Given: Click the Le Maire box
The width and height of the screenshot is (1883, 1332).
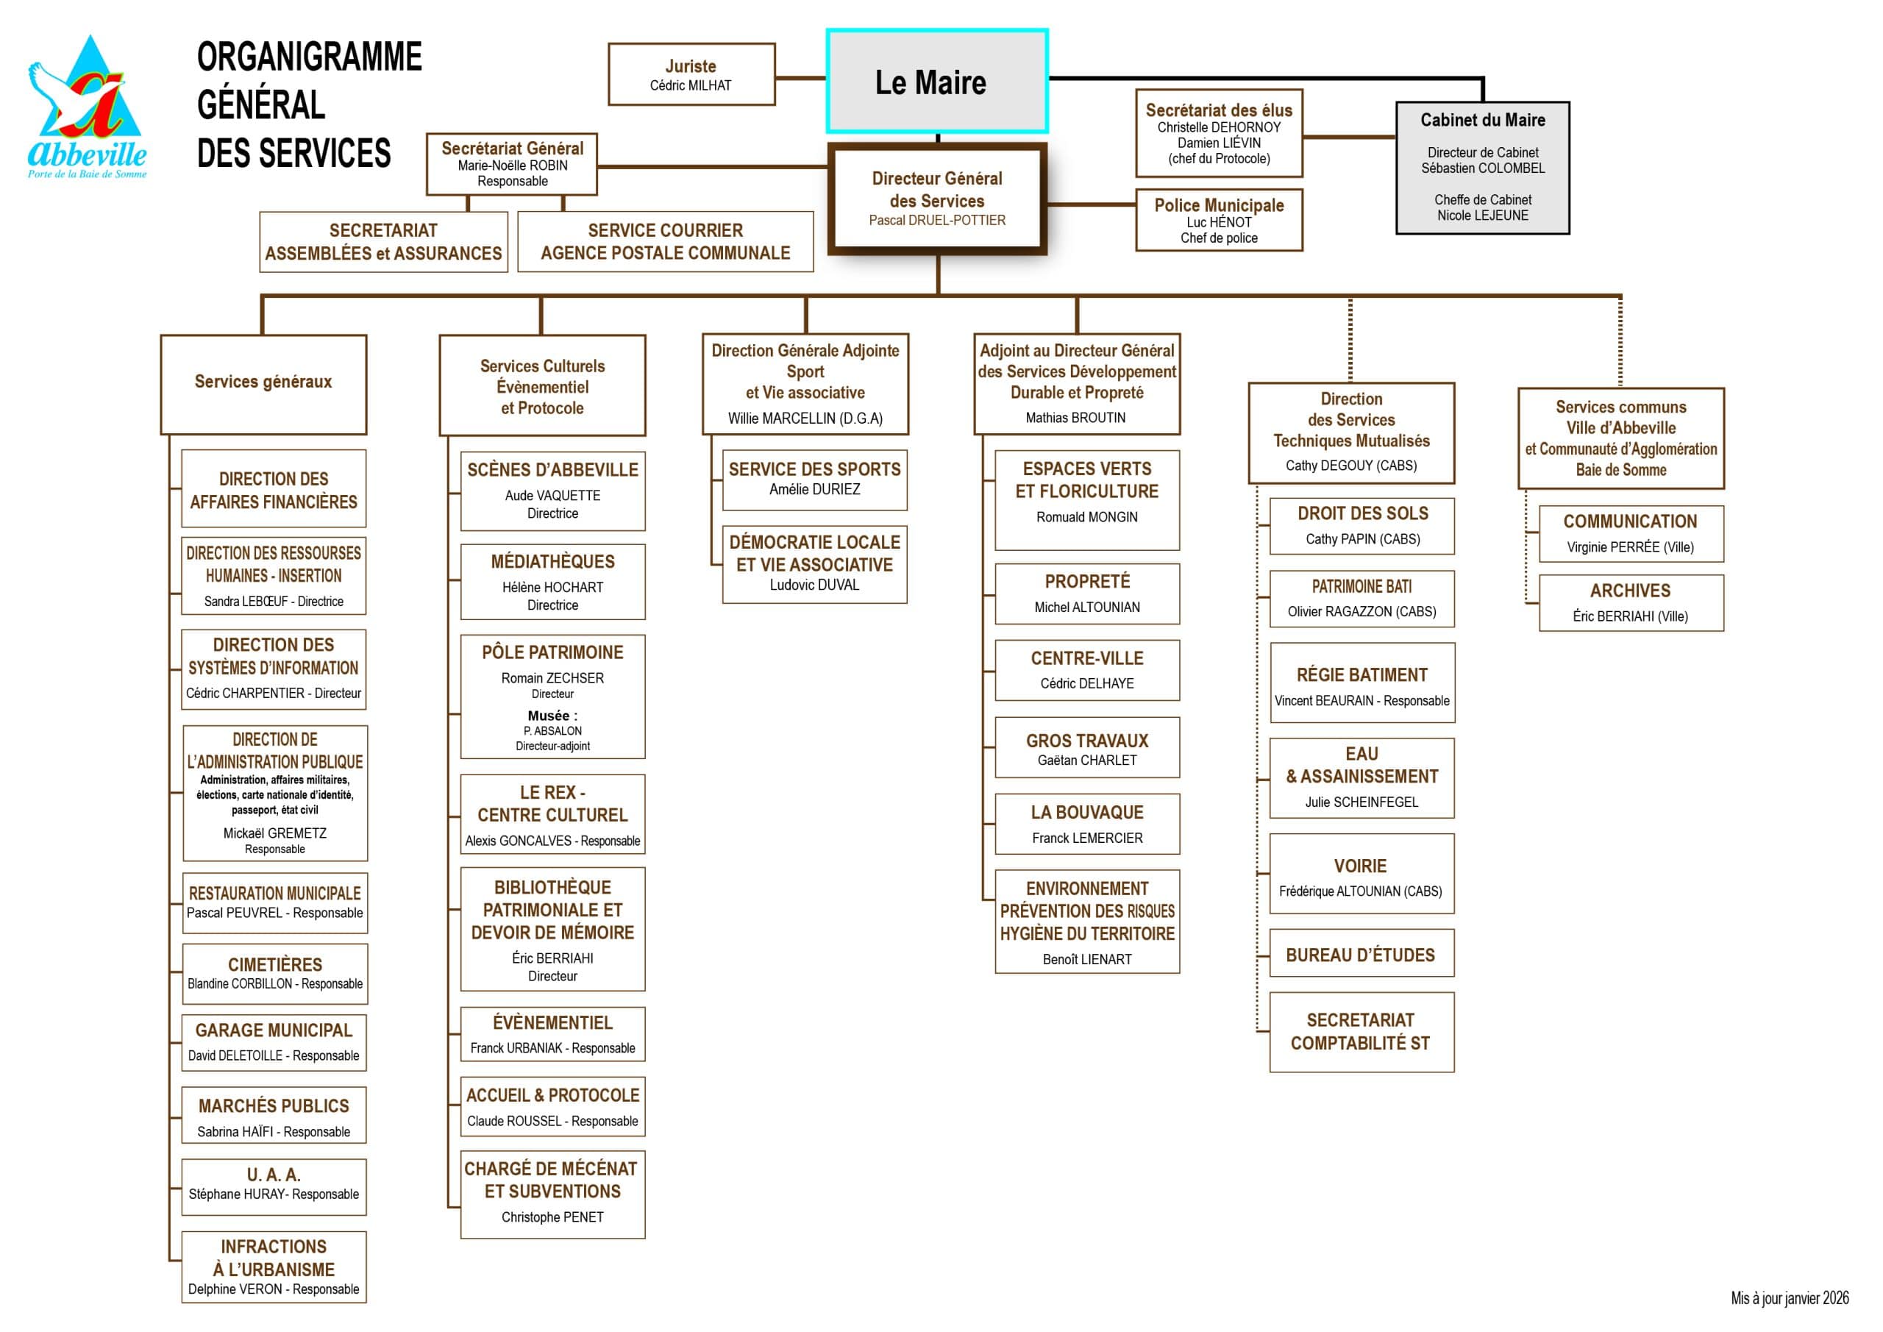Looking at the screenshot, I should (936, 81).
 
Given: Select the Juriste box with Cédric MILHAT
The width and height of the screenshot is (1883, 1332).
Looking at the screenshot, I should (691, 74).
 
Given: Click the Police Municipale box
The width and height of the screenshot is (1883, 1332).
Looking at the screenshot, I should (1219, 220).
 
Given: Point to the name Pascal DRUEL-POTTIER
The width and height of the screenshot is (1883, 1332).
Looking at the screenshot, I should (936, 221).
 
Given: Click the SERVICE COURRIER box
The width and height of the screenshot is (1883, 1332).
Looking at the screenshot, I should (665, 242).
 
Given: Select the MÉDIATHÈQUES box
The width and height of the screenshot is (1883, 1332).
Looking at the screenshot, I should (552, 582).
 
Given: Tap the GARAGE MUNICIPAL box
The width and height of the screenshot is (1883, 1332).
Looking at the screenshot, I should (274, 1042).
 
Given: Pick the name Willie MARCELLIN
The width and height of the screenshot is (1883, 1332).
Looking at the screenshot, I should (805, 419).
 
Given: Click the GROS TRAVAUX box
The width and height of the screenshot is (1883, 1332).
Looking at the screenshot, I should (1086, 748).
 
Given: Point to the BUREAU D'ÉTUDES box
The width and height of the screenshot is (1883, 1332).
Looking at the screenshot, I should (1361, 954).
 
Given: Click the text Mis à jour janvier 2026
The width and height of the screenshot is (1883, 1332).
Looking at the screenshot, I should (1790, 1298).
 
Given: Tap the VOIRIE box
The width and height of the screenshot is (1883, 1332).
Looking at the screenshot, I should (1361, 875).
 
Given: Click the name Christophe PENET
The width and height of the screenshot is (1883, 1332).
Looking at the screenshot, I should (552, 1217).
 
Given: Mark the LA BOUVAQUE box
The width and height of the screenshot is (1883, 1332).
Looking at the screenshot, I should (1086, 824).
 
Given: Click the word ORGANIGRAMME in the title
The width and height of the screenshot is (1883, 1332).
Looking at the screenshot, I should (309, 57).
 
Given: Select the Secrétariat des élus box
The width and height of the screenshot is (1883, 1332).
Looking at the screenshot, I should (1219, 134).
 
